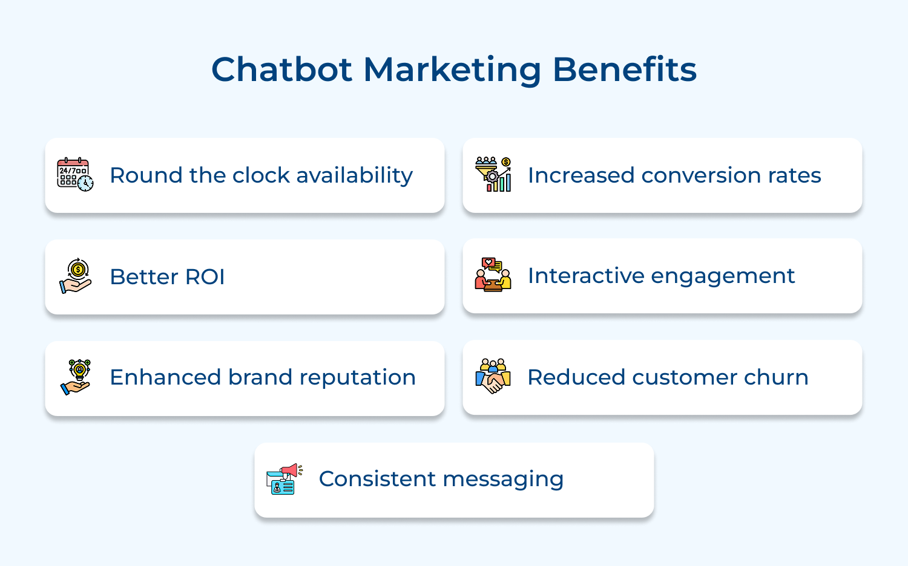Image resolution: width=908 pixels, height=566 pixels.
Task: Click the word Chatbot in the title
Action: (x=281, y=70)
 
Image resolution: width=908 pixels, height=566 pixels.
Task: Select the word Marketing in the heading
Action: (x=452, y=70)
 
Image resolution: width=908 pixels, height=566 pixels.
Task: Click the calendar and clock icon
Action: (x=75, y=175)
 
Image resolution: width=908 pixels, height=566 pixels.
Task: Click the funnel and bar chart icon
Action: (x=493, y=174)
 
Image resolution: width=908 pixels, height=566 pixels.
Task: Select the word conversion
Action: (x=701, y=175)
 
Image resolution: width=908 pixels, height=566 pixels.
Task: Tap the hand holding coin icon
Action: (x=76, y=276)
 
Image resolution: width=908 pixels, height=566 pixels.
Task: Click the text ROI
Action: (x=205, y=277)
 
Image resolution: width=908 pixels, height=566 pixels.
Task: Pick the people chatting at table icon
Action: (x=493, y=275)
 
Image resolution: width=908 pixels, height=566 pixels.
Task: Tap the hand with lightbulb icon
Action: (x=76, y=377)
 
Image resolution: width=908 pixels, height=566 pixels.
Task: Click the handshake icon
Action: (x=493, y=377)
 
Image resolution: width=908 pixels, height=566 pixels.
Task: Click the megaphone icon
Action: (x=283, y=479)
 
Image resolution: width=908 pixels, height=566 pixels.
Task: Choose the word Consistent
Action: (x=377, y=479)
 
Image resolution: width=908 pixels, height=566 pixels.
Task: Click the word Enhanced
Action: (x=165, y=377)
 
